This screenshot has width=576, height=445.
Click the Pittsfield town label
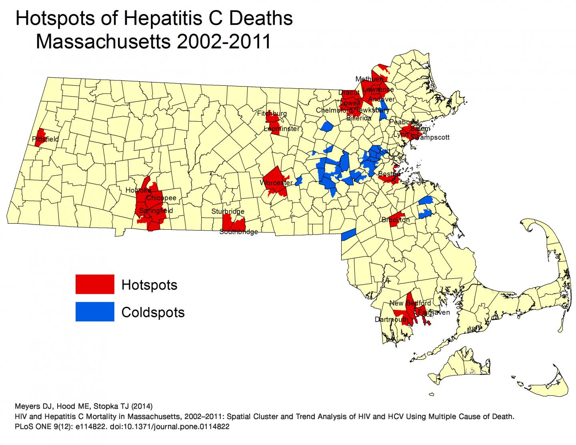click(45, 139)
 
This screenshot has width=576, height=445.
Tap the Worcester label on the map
click(276, 183)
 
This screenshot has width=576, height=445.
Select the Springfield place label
click(156, 210)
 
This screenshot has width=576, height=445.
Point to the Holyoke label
click(138, 190)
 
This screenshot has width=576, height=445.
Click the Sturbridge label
click(228, 211)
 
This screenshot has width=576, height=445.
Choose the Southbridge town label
click(238, 232)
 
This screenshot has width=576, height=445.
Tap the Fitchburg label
click(272, 114)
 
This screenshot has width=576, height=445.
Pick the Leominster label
click(281, 129)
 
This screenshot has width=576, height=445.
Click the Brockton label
click(395, 220)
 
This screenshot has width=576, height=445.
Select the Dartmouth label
click(392, 319)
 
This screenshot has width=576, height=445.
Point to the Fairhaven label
click(434, 313)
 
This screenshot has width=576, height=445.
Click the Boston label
click(389, 174)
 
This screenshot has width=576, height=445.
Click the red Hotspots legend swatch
click(95, 284)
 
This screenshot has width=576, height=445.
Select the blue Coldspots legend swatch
click(95, 312)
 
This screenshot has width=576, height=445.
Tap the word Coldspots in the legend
click(153, 312)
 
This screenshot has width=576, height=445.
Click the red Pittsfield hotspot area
click(40, 135)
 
